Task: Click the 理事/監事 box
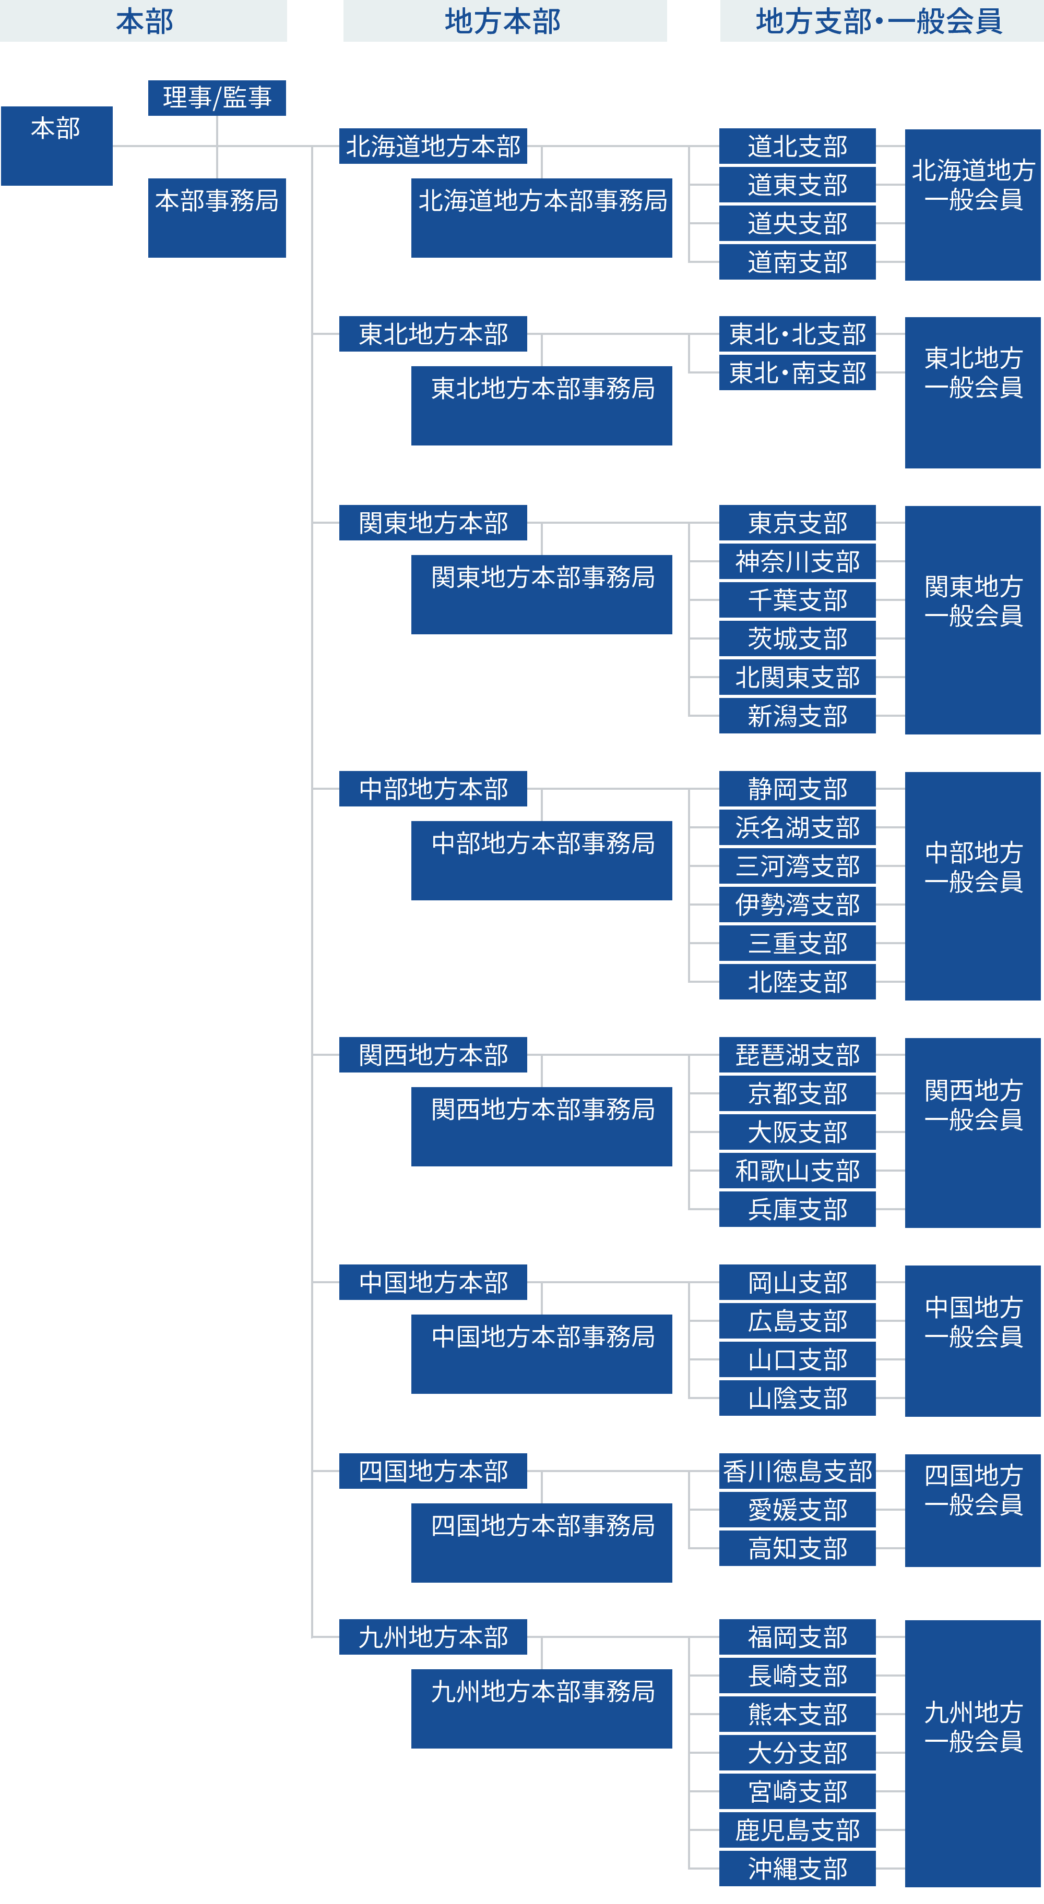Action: (217, 98)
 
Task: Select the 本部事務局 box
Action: (217, 218)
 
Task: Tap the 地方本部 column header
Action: (504, 21)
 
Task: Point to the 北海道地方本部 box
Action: (433, 147)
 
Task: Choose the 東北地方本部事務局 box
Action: (541, 405)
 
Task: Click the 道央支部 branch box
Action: (797, 223)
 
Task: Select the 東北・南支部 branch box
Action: (797, 372)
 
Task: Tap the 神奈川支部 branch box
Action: (797, 562)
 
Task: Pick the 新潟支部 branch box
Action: (797, 716)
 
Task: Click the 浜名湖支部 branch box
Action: (797, 828)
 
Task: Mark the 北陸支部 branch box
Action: (797, 982)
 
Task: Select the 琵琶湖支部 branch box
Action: (797, 1055)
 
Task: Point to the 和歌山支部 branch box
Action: (797, 1171)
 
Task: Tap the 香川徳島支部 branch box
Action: (797, 1471)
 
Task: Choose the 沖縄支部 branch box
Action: (797, 1868)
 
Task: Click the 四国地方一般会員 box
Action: (972, 1510)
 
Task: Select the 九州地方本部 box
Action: (433, 1637)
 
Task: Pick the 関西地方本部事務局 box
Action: (541, 1126)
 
